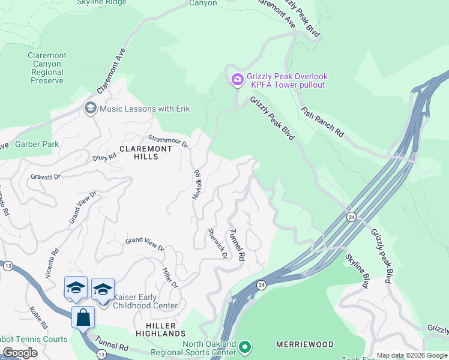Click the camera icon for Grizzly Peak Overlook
[x=237, y=79]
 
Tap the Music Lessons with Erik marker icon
[x=91, y=108]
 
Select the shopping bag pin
[x=83, y=317]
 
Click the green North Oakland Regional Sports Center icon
[x=244, y=347]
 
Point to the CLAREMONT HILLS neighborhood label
[x=139, y=152]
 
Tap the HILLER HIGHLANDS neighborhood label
[x=160, y=329]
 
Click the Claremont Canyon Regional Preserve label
[x=47, y=68]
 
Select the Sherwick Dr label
[x=217, y=243]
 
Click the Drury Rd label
[x=104, y=155]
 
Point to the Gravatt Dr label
[x=46, y=177]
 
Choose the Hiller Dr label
[x=170, y=277]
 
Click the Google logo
[x=20, y=352]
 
